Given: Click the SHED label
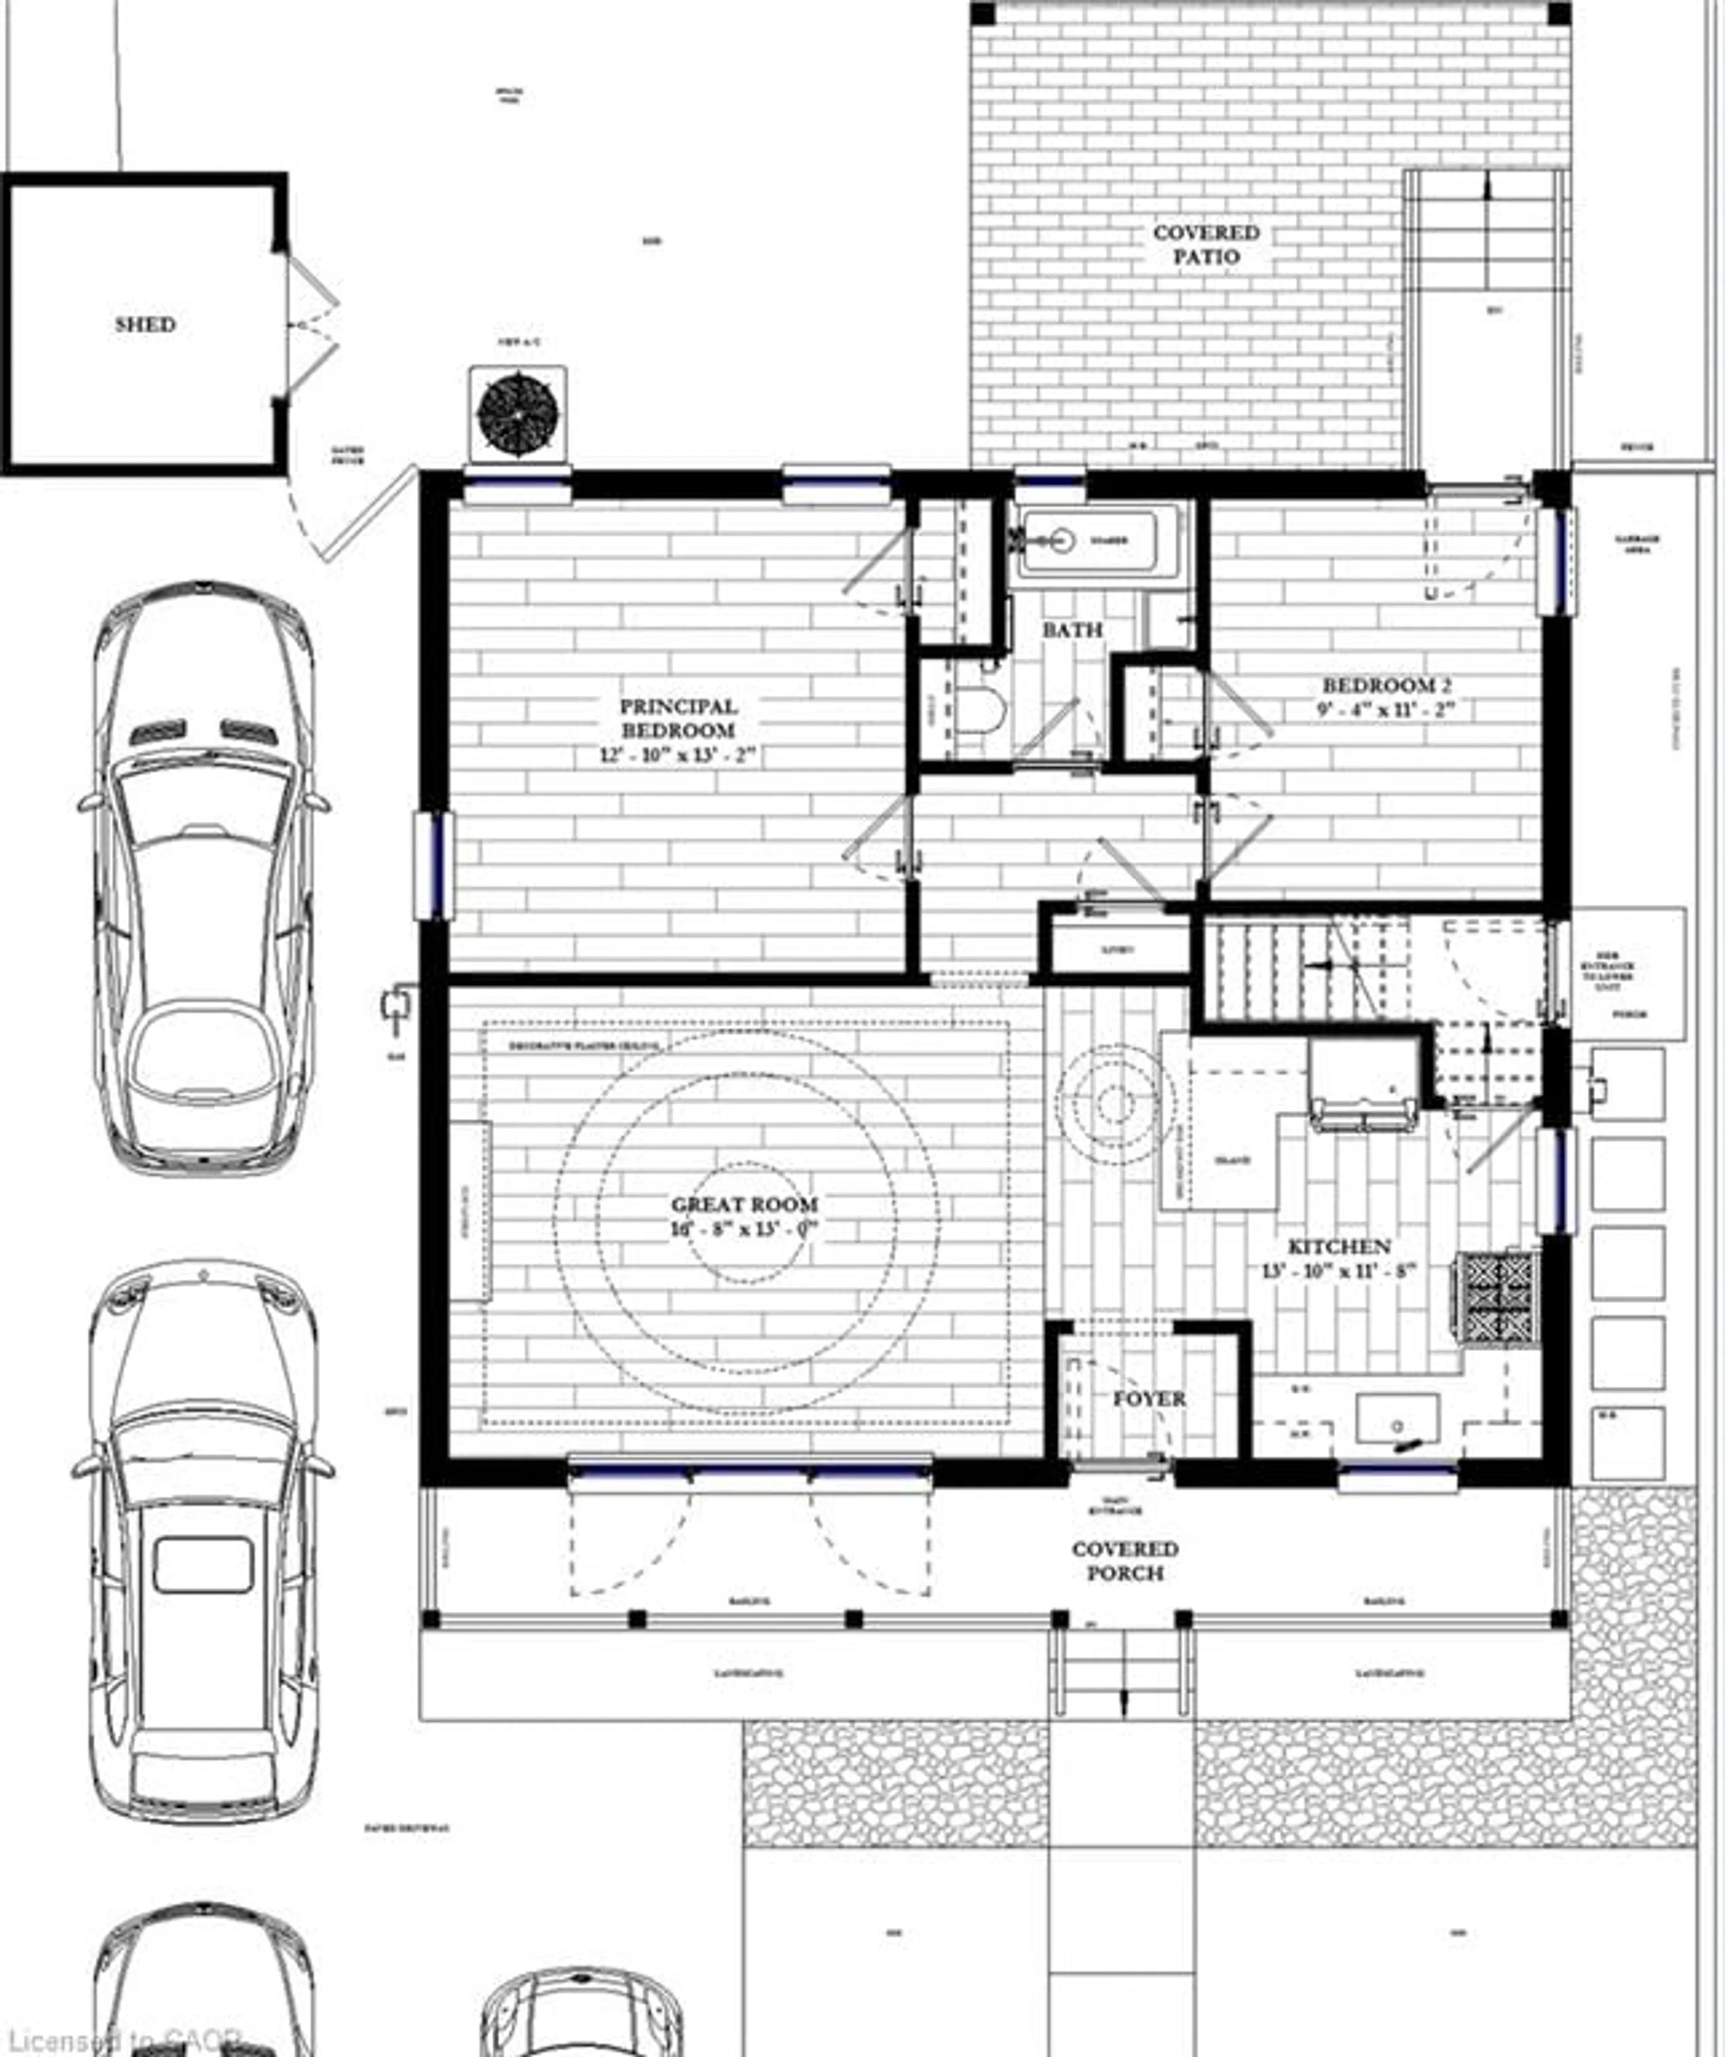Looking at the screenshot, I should [x=145, y=324].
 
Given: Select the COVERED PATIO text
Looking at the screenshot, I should [x=1206, y=245].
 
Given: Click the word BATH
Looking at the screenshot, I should [x=1073, y=630].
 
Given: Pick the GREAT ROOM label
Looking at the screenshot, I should [x=744, y=1205].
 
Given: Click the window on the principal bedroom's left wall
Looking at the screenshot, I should [x=433, y=866].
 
